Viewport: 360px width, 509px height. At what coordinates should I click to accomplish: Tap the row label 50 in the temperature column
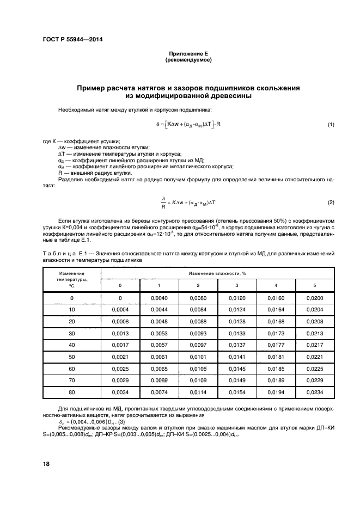(71, 357)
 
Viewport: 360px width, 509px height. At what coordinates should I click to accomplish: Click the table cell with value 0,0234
(314, 392)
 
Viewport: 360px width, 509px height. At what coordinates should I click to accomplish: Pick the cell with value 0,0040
(159, 298)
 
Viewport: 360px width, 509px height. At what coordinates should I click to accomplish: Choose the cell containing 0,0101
(198, 357)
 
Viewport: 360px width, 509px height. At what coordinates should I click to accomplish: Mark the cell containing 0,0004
(120, 310)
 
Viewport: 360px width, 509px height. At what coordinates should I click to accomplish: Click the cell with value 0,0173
(276, 333)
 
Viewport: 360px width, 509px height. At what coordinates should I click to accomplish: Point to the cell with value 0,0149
(237, 380)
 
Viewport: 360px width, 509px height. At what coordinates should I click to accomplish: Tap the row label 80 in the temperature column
(71, 392)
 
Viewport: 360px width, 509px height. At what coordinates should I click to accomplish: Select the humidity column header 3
(237, 286)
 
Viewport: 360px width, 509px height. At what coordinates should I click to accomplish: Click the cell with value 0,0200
(314, 298)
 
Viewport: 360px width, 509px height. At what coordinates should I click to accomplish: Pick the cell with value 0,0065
(159, 369)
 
